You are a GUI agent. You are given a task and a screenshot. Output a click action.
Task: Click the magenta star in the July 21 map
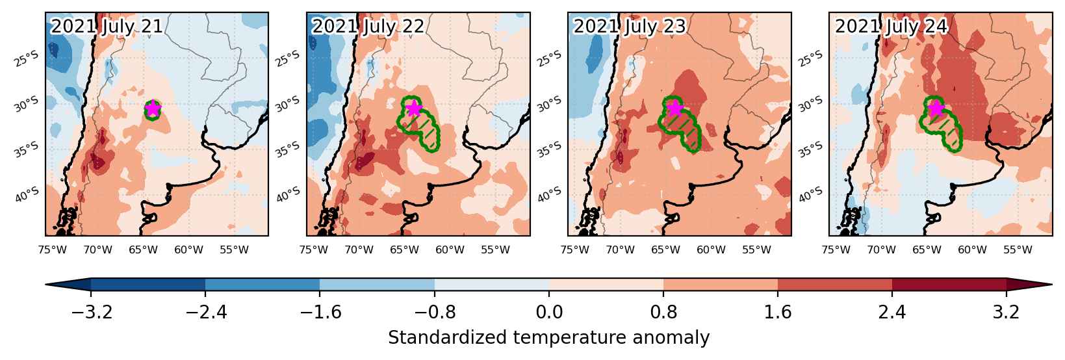[152, 109]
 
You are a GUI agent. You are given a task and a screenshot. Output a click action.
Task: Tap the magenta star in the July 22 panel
[414, 108]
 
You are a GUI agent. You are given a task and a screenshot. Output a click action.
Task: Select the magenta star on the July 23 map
[674, 109]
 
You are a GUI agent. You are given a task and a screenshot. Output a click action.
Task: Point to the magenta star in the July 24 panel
[936, 109]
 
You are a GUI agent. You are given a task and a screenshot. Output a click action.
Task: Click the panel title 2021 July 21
[107, 27]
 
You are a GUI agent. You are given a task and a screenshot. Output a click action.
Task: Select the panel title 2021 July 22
[368, 27]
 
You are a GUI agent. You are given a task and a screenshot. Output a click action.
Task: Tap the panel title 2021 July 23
[630, 27]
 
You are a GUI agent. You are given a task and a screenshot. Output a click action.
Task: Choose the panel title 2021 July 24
[891, 27]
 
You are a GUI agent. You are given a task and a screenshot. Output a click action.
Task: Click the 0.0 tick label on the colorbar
[549, 313]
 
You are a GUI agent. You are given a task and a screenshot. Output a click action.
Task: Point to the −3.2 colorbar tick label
[91, 313]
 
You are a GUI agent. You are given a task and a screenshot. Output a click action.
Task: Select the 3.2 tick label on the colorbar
[1006, 313]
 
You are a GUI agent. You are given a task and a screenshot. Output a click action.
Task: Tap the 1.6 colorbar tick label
[778, 313]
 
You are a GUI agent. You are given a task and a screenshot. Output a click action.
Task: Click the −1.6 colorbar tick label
[320, 313]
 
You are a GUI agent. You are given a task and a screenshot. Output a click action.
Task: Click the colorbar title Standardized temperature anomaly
[548, 338]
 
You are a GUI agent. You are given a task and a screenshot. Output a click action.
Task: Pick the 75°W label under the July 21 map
[52, 250]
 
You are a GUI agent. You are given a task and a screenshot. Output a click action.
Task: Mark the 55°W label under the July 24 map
[1018, 250]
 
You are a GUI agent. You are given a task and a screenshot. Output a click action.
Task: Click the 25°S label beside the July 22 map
[288, 59]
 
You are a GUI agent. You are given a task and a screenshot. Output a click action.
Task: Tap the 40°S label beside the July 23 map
[550, 194]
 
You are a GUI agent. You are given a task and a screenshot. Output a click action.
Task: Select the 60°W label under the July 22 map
[450, 250]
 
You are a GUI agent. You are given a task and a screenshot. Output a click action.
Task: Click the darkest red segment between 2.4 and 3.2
[949, 285]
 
